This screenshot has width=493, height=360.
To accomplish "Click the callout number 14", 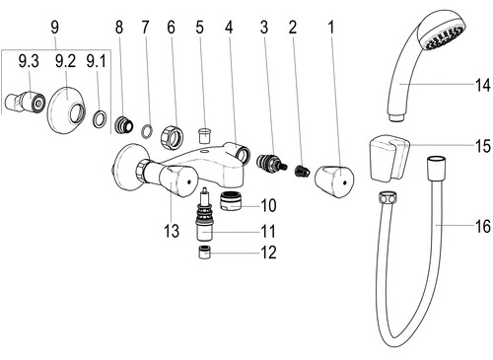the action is pos(483,85).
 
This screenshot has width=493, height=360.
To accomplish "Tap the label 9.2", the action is pos(65,61).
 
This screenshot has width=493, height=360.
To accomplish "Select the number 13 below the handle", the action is pos(172,231).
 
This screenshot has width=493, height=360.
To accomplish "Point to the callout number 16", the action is pos(483,227).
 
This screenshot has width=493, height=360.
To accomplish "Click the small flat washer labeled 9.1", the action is pos(101,119).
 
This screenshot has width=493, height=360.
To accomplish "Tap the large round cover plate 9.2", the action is pos(67,110).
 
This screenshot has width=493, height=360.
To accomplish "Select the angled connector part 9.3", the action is pos(25,102).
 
